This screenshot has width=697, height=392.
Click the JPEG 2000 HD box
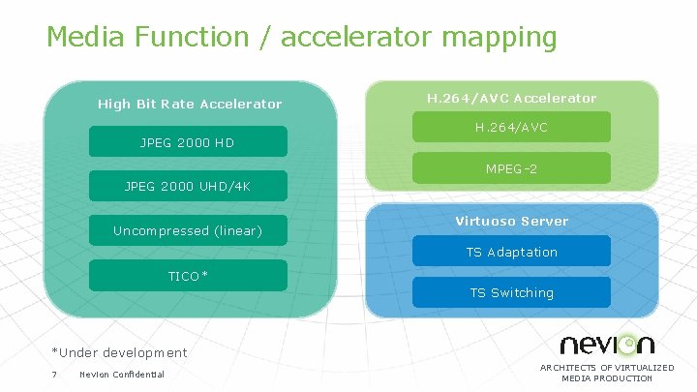[188, 142]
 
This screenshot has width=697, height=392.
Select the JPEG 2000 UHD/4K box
[188, 186]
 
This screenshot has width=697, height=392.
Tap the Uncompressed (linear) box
[188, 230]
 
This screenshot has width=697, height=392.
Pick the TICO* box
[188, 276]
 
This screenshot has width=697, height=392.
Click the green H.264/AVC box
[512, 127]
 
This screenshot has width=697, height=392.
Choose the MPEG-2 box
[512, 168]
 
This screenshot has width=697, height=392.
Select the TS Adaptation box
[512, 252]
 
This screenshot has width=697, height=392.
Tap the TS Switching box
[512, 292]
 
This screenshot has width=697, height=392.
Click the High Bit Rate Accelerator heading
[190, 104]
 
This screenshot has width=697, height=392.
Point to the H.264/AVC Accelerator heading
[512, 98]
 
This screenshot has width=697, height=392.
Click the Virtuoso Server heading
[512, 221]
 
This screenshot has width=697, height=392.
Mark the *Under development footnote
[120, 352]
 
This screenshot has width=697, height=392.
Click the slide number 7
[54, 375]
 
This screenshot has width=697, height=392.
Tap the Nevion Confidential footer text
[122, 375]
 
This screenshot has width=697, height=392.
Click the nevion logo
[607, 344]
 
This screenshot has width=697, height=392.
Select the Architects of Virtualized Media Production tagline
[607, 373]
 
